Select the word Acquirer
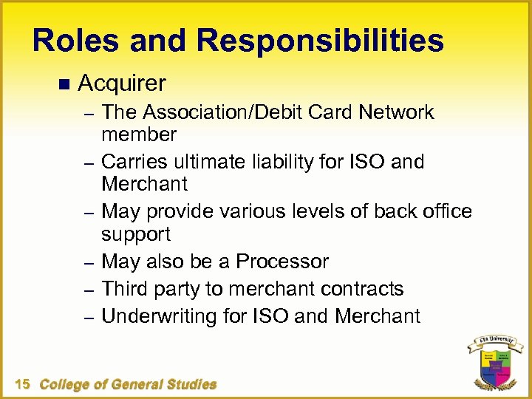121,83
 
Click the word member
139,134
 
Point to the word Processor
283,262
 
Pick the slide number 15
22,384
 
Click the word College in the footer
66,384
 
